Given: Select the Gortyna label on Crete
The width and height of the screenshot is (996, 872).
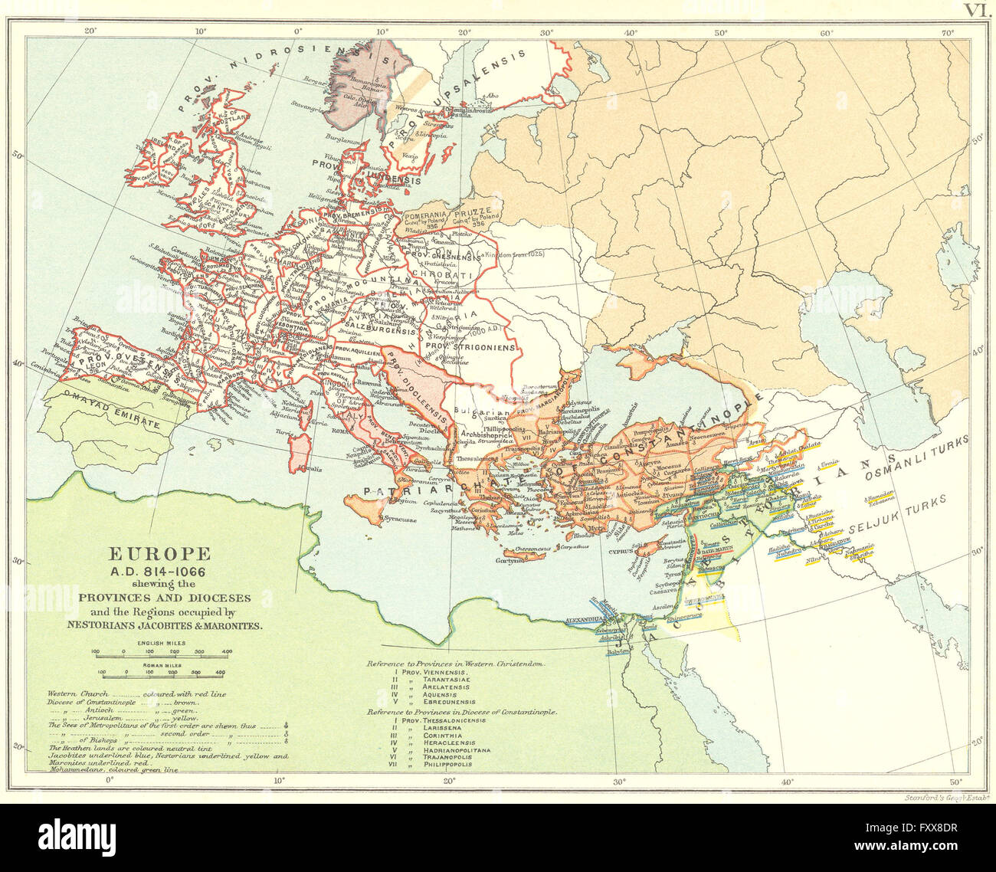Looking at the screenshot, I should point(520,561).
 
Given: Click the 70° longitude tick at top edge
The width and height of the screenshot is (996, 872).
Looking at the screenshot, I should point(947,33).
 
